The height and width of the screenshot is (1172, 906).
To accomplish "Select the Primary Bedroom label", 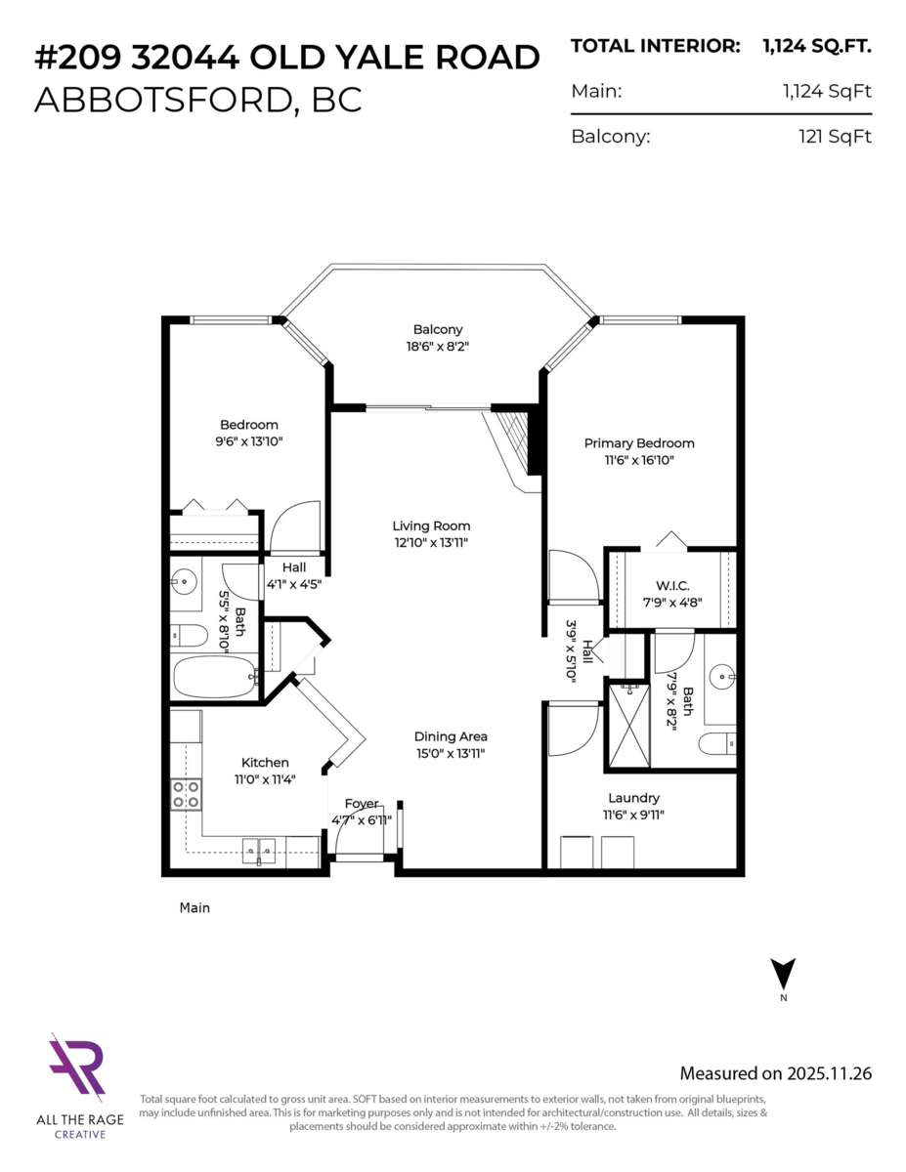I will [639, 442].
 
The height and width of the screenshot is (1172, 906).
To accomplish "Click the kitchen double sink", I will [260, 851].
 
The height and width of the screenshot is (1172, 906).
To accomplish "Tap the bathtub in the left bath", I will [212, 676].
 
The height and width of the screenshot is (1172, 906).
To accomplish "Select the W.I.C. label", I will [667, 585].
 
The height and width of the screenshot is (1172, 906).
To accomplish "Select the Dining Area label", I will [450, 736].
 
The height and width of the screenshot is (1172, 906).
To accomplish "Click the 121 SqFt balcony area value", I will [834, 137].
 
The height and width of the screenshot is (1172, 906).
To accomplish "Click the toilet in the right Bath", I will [717, 745].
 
